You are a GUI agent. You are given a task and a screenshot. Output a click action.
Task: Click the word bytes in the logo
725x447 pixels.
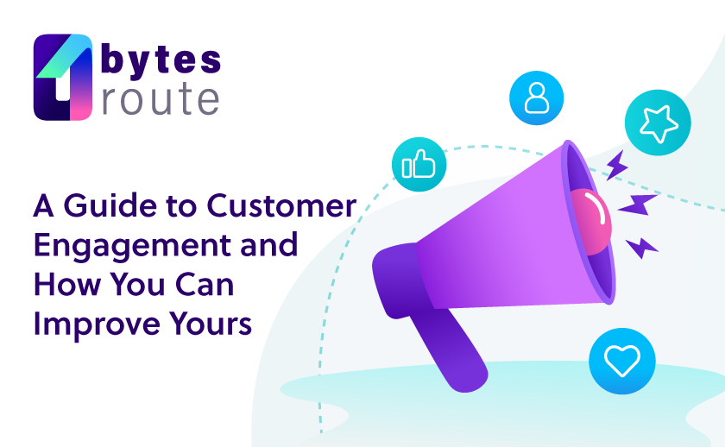(x=161, y=60)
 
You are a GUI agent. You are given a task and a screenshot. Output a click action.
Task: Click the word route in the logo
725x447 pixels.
(x=161, y=98)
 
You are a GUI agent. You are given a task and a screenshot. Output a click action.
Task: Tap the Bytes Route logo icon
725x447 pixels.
(x=63, y=77)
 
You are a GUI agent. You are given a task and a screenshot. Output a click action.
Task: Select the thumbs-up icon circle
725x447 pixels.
(x=419, y=164)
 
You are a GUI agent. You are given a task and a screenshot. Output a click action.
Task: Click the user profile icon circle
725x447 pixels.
(x=536, y=98)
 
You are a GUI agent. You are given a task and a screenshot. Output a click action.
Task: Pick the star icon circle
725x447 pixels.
(x=658, y=123)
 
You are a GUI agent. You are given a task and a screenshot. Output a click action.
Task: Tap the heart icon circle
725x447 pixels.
(x=622, y=361)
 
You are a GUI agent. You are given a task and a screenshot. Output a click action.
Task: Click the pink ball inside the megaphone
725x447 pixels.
(x=592, y=222)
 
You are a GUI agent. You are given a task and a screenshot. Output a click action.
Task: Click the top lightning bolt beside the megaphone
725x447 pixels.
(x=616, y=165)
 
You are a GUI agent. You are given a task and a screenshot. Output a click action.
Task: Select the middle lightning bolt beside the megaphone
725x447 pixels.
(x=637, y=205)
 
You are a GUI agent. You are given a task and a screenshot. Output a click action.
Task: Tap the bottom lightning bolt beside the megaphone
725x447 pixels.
(x=641, y=248)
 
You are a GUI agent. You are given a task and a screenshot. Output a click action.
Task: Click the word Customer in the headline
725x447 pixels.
(x=281, y=205)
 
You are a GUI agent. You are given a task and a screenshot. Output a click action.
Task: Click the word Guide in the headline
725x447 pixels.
(x=110, y=205)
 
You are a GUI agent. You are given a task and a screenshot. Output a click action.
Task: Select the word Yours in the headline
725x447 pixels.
(x=211, y=324)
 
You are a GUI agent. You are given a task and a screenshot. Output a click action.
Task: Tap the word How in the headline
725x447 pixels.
(x=67, y=284)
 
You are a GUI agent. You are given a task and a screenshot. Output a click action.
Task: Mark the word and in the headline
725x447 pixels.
(x=269, y=244)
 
